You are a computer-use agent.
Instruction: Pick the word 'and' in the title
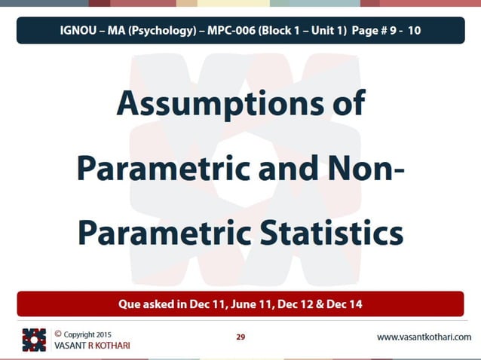pyautogui.click(x=286, y=167)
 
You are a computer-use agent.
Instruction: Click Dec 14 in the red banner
pyautogui.click(x=345, y=304)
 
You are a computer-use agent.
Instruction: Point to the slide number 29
pyautogui.click(x=240, y=337)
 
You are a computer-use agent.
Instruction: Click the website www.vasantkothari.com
pyautogui.click(x=424, y=337)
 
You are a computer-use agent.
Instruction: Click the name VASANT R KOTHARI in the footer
pyautogui.click(x=87, y=345)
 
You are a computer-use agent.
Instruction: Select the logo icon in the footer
pyautogui.click(x=34, y=340)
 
